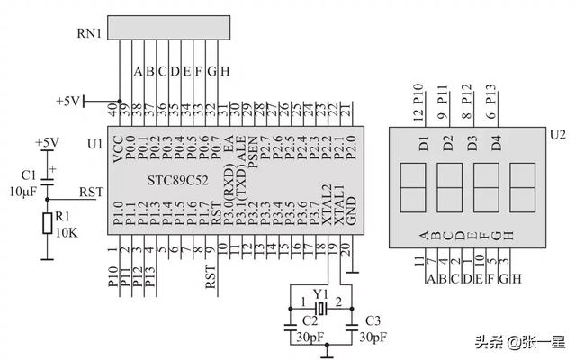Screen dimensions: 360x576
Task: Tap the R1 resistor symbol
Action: (47, 223)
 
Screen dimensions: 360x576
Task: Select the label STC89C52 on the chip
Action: (176, 180)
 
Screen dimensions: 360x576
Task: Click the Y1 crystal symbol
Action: (319, 306)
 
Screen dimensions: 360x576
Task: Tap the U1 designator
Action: (94, 144)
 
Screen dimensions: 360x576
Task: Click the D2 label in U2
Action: (448, 141)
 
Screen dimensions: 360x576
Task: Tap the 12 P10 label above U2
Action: (417, 103)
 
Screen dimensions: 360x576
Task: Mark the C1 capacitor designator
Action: (27, 175)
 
